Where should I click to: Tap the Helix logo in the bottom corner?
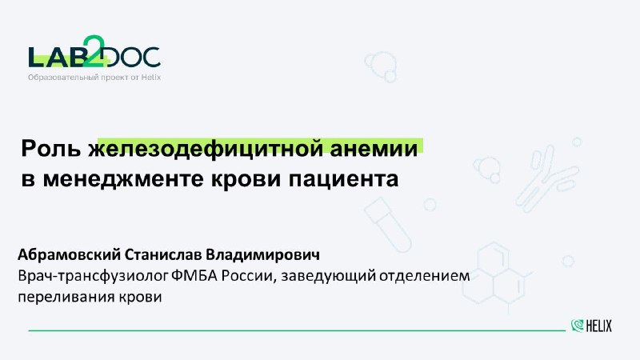(591, 326)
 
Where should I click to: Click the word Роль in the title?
(51, 149)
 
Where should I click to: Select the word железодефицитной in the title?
(205, 150)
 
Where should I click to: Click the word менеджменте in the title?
(123, 179)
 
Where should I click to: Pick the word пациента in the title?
(343, 179)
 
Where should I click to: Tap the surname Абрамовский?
(69, 254)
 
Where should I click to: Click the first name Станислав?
(163, 254)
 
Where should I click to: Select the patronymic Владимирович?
(262, 254)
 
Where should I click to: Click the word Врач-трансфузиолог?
(93, 276)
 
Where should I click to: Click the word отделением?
(425, 276)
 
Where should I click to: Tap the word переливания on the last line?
(66, 297)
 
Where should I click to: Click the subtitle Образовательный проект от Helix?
(94, 77)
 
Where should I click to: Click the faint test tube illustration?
(387, 225)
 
